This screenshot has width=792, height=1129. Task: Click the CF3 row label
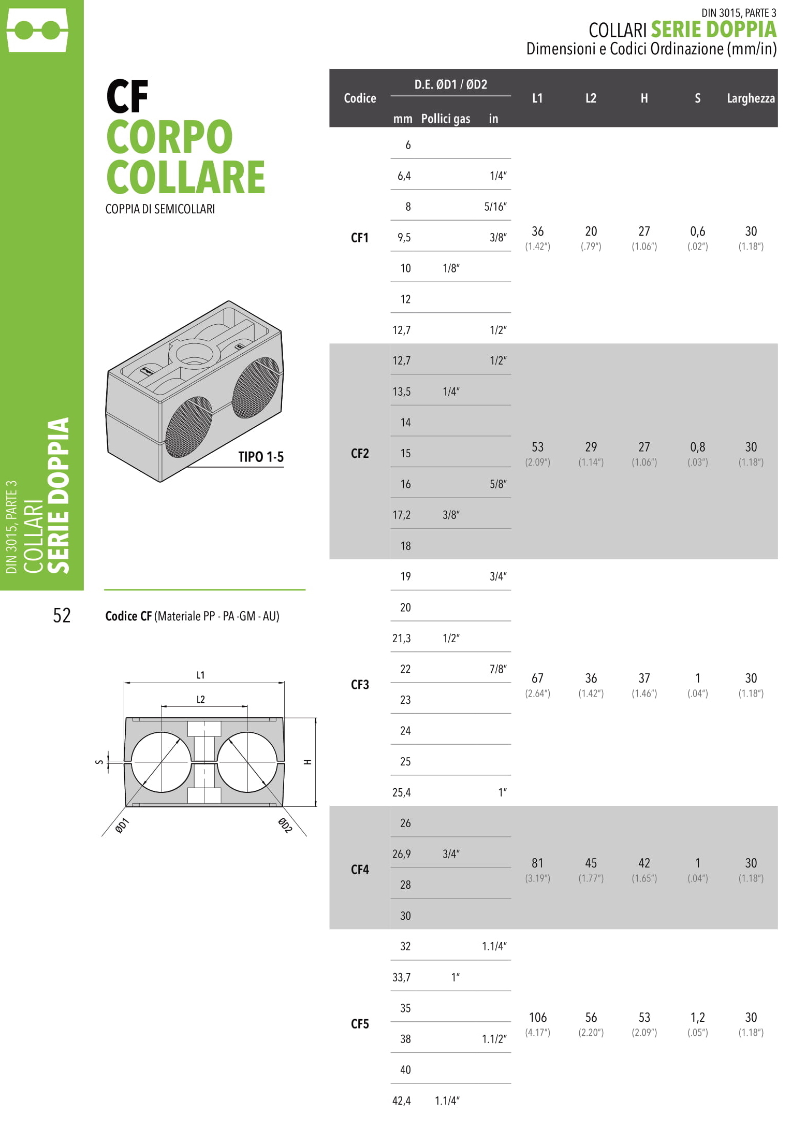pyautogui.click(x=360, y=685)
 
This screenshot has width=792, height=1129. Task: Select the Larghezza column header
pyautogui.click(x=751, y=98)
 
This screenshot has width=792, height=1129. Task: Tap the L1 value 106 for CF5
pyautogui.click(x=538, y=1017)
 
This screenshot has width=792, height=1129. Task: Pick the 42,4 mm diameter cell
pyautogui.click(x=402, y=1101)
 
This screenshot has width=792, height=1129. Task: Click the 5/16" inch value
pyautogui.click(x=495, y=207)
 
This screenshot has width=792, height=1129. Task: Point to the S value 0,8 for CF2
pyautogui.click(x=697, y=447)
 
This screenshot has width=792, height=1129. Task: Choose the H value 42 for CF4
pyautogui.click(x=644, y=863)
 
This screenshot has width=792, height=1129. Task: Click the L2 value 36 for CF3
pyautogui.click(x=591, y=678)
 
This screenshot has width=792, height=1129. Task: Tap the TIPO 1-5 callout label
pyautogui.click(x=261, y=457)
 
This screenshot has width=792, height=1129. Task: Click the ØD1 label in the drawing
pyautogui.click(x=122, y=826)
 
